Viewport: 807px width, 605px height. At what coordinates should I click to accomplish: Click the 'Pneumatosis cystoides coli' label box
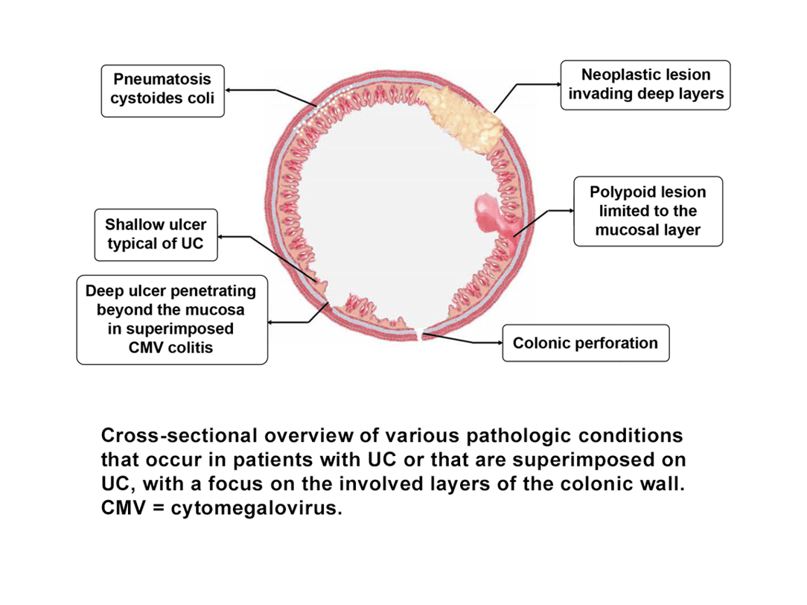click(162, 89)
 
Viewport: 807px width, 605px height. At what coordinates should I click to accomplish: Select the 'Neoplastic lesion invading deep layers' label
click(645, 85)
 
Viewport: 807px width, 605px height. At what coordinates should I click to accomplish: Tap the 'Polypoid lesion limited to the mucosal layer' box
click(648, 211)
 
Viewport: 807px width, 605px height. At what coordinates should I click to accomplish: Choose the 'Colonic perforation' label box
click(585, 343)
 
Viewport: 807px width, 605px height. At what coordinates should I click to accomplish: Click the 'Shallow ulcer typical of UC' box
click(156, 234)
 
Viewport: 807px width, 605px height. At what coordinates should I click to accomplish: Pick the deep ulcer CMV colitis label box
click(172, 319)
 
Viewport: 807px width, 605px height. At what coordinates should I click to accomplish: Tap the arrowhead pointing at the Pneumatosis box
click(229, 90)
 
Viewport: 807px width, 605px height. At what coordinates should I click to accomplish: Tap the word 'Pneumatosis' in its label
click(162, 79)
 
